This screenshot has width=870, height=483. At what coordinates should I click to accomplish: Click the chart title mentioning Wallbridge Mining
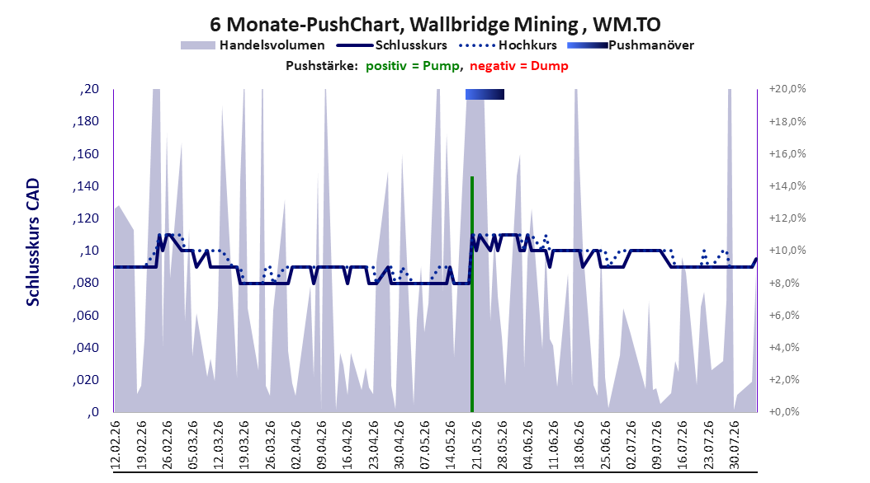point(435,25)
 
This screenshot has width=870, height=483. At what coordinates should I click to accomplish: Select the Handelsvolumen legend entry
point(253,45)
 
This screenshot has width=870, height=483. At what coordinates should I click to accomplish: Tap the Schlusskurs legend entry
point(392,45)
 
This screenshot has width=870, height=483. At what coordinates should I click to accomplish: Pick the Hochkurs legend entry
point(508,45)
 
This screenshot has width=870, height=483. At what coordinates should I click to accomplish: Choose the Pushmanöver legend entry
point(631,45)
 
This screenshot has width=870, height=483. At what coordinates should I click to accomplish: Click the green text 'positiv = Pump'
point(413,66)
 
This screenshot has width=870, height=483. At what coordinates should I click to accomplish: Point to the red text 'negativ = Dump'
point(519,66)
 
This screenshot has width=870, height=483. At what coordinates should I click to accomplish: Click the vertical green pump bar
point(471,294)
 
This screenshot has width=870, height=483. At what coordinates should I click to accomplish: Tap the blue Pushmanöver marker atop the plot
point(485,94)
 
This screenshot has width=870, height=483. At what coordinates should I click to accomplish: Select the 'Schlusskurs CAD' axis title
point(33,242)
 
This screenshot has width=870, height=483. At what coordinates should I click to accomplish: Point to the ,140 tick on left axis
point(86,186)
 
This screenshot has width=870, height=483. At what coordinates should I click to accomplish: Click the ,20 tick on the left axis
point(89,89)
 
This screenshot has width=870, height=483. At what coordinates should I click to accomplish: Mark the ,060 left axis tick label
point(86,316)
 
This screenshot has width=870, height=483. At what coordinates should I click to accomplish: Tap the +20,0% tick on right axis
point(787,89)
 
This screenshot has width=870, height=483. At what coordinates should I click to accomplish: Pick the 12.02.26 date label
point(116,445)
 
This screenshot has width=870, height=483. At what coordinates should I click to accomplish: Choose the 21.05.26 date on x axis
point(475,445)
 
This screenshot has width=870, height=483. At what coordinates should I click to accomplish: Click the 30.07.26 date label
point(734,445)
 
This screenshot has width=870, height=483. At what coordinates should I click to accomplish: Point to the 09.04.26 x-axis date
point(321,445)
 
